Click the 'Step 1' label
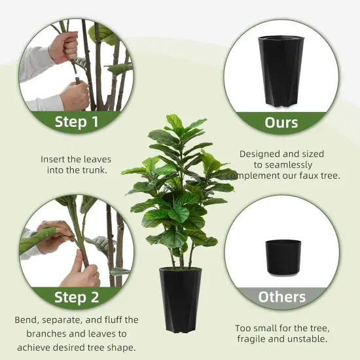pos(76,121)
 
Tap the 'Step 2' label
pos(76,297)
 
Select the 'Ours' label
pos(281,122)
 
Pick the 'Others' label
pos(281,297)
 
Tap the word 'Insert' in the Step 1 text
pos(53,159)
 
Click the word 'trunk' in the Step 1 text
pos(95,170)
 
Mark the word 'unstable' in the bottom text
pos(305,339)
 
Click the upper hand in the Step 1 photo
pos(63,46)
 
